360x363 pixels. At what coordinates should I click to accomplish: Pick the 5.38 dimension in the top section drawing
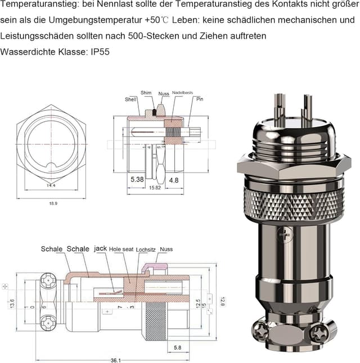pyautogui.click(x=137, y=180)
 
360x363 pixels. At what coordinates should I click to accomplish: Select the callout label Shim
pyautogui.click(x=146, y=93)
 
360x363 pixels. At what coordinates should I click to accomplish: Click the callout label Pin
pyautogui.click(x=199, y=98)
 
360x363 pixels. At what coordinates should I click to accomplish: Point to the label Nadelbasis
pyautogui.click(x=183, y=93)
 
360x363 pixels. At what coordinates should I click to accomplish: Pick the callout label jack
pyautogui.click(x=100, y=248)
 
